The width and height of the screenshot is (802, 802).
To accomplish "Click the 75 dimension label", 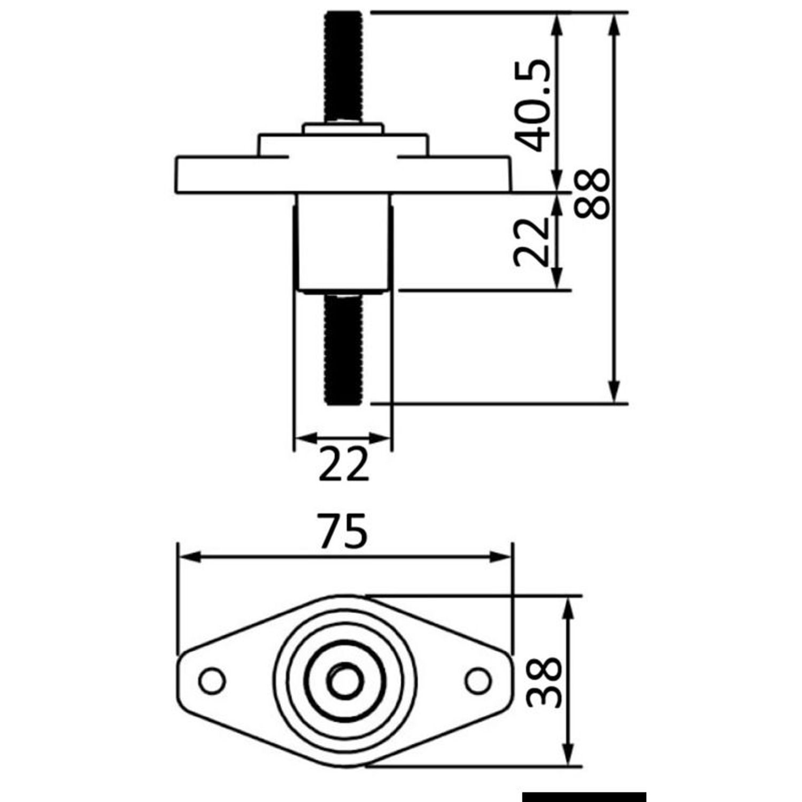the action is click(x=343, y=531).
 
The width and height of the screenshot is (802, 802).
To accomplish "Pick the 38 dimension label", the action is click(x=544, y=682).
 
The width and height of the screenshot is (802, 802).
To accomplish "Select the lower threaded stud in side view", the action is click(x=343, y=349).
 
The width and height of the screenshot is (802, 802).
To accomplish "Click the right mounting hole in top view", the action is click(x=478, y=681).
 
